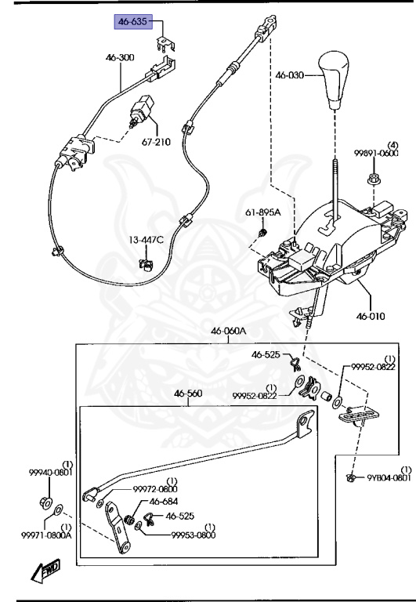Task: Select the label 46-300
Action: [121, 57]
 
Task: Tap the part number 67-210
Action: [156, 143]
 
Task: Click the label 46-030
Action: [287, 76]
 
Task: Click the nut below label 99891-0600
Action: [374, 183]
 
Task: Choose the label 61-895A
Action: [262, 212]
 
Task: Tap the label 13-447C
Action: [147, 239]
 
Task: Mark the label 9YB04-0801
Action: [389, 477]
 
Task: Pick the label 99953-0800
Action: [193, 535]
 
